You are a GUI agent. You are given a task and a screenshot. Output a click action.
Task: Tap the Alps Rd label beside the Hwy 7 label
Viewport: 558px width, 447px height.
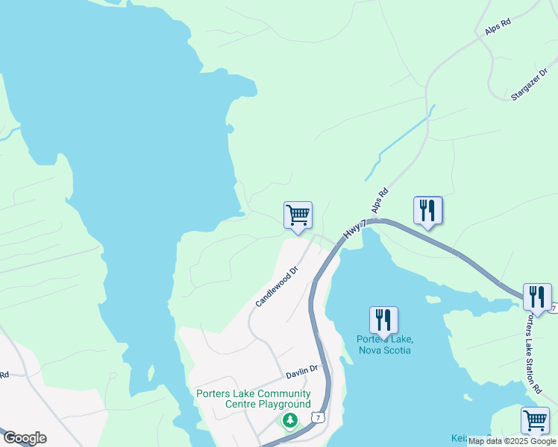click(380, 202)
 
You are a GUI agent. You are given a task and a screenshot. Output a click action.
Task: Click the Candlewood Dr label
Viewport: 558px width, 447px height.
click(276, 287)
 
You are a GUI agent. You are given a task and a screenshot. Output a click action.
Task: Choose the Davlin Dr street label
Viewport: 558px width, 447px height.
click(302, 369)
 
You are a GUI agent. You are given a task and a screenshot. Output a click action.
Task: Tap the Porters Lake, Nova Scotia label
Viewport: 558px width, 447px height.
click(384, 344)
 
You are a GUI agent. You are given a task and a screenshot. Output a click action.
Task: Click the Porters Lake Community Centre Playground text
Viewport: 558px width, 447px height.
click(253, 399)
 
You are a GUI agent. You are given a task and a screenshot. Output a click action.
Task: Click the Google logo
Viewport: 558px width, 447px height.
click(24, 438)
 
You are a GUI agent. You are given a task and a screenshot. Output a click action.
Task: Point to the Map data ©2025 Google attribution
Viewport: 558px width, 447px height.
click(512, 441)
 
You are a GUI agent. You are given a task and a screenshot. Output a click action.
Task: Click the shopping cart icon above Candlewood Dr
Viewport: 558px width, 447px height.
click(298, 215)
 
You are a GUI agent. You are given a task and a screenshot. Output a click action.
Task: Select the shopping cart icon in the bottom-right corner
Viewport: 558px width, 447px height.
click(535, 420)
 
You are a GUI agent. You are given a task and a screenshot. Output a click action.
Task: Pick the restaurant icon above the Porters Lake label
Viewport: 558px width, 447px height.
click(383, 320)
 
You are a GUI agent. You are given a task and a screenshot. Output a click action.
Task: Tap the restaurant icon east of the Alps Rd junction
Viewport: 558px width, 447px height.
click(427, 210)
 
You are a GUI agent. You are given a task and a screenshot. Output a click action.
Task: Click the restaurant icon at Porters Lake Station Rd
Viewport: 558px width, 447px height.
click(537, 297)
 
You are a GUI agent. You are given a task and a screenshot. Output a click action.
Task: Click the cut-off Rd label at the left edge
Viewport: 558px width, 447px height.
click(4, 375)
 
